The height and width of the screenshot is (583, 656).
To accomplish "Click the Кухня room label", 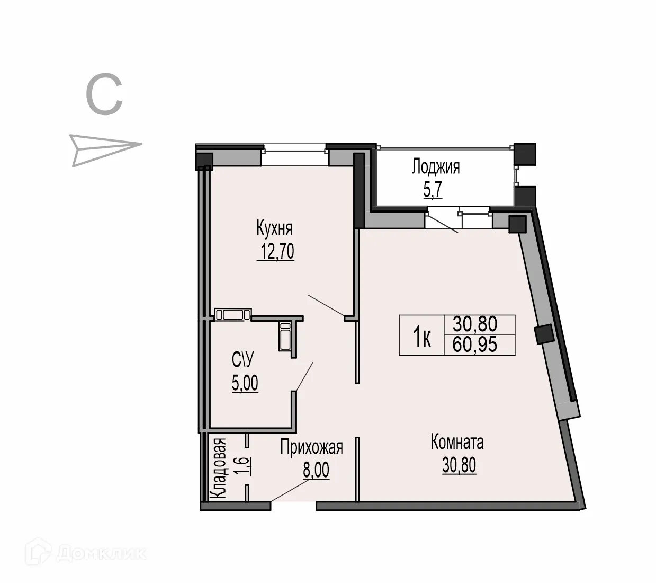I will click(274, 229).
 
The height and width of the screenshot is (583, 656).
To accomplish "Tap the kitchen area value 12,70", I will click(276, 251).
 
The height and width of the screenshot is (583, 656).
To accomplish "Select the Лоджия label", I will click(436, 167).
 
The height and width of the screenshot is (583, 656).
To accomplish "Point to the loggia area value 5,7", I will click(433, 189).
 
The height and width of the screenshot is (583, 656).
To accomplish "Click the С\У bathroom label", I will click(243, 360).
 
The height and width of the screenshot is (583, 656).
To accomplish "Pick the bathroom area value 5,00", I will click(245, 382).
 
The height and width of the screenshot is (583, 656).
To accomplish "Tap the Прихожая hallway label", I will click(311, 448).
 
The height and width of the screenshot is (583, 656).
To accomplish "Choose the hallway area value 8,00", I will click(316, 470).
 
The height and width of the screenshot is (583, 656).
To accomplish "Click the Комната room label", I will click(457, 442).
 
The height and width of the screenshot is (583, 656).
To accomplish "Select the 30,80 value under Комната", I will click(459, 465).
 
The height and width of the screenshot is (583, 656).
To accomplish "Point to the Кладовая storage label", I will click(219, 467).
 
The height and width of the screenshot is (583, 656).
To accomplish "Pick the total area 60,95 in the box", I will click(475, 345).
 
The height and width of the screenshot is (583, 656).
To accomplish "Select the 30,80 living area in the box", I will click(475, 323).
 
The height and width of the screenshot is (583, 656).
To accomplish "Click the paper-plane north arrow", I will click(105, 149).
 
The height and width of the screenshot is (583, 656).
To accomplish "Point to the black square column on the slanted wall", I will click(544, 334).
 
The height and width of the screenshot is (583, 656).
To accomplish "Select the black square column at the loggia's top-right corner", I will click(525, 154).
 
